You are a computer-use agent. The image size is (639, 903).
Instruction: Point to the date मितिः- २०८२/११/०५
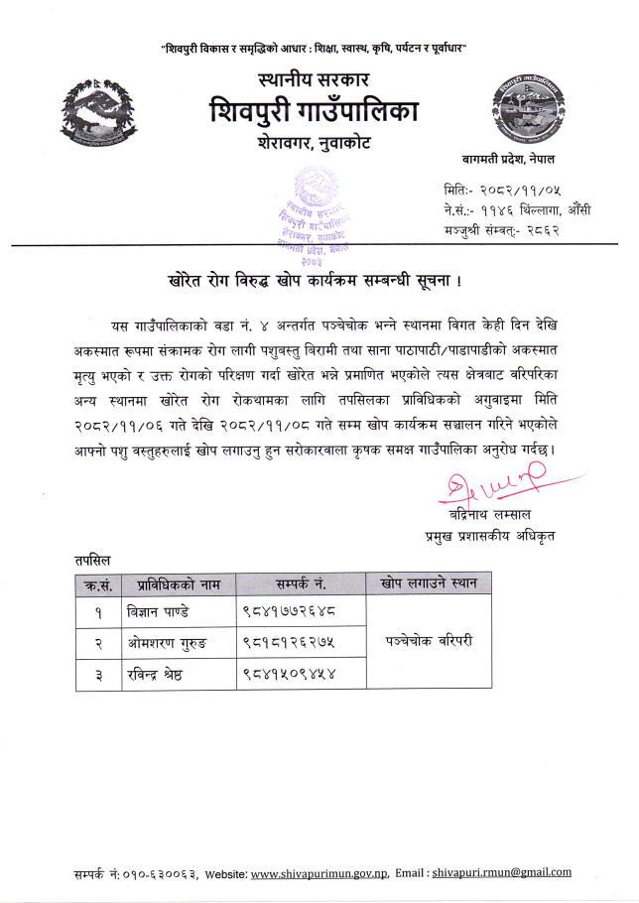point(490,190)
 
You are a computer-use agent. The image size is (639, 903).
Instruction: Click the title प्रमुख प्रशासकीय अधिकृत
point(484,537)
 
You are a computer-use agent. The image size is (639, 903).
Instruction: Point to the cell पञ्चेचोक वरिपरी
point(429,641)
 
